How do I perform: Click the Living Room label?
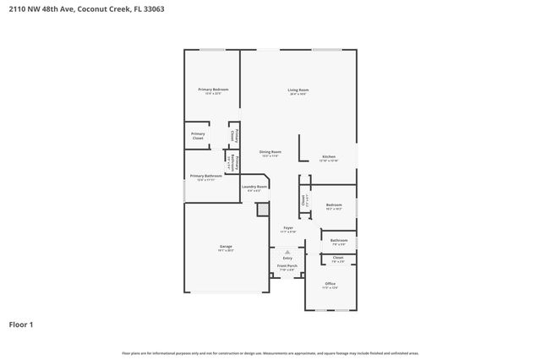point(298,90)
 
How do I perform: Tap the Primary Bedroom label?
point(213,90)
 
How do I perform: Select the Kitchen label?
point(329,157)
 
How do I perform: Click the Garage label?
point(226,247)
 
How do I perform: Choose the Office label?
point(331,284)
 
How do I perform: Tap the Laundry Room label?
point(254,187)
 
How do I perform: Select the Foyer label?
point(287,228)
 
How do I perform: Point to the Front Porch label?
point(287,266)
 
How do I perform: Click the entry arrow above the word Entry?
point(287,251)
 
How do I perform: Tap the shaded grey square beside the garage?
point(263,207)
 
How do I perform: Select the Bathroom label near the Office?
point(338,241)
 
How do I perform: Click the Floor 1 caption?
point(22,324)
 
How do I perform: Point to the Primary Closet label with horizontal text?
point(197,135)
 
